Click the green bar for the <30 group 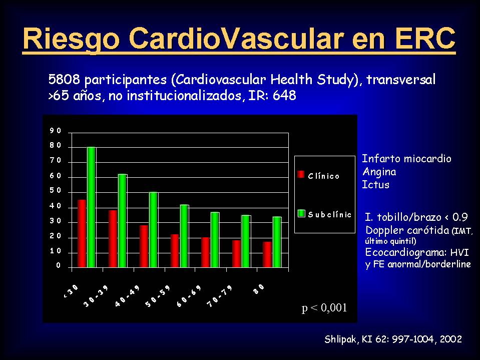pyautogui.click(x=92, y=207)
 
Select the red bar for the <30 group pyautogui.click(x=82, y=233)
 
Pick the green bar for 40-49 pyautogui.click(x=154, y=230)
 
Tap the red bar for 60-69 pyautogui.click(x=205, y=252)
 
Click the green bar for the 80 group pyautogui.click(x=277, y=242)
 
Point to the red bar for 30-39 pyautogui.click(x=113, y=239)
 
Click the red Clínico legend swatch pyautogui.click(x=301, y=174)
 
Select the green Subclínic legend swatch pyautogui.click(x=301, y=213)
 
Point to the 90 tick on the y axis pyautogui.click(x=56, y=131)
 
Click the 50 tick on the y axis pyautogui.click(x=56, y=191)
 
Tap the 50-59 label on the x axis pyautogui.click(x=158, y=296)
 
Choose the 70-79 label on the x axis pyautogui.click(x=220, y=296)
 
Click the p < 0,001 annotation pyautogui.click(x=324, y=307)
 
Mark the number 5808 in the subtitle pyautogui.click(x=64, y=80)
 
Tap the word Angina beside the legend pyautogui.click(x=379, y=172)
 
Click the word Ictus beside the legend pyautogui.click(x=375, y=185)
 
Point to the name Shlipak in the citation pyautogui.click(x=340, y=339)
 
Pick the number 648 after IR pyautogui.click(x=284, y=96)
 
